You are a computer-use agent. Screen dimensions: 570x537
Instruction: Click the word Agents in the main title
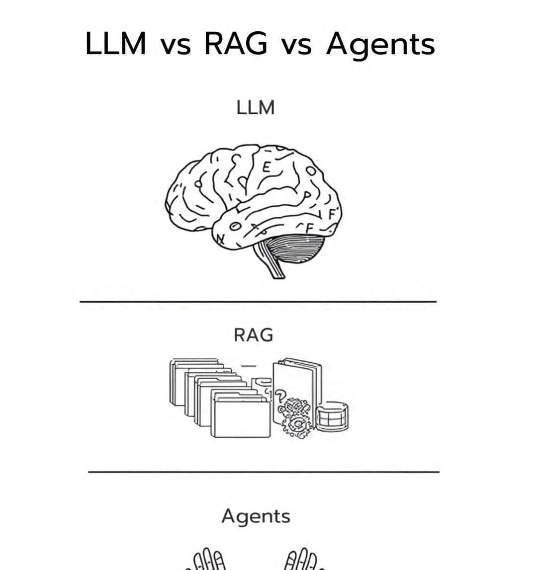380,45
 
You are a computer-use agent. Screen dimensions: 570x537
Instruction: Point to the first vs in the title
176,46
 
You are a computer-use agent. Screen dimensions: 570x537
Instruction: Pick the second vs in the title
297,46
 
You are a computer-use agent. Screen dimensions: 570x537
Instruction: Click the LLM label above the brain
256,107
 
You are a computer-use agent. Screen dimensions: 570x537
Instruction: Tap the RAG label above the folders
254,335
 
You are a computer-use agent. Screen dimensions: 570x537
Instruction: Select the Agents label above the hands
256,516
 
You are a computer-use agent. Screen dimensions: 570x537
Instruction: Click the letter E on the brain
267,167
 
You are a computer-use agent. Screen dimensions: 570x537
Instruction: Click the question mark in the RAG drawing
281,395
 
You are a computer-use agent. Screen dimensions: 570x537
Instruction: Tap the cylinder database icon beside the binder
333,416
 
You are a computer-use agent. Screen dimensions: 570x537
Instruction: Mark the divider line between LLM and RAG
258,301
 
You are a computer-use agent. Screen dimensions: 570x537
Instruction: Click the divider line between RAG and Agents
264,471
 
